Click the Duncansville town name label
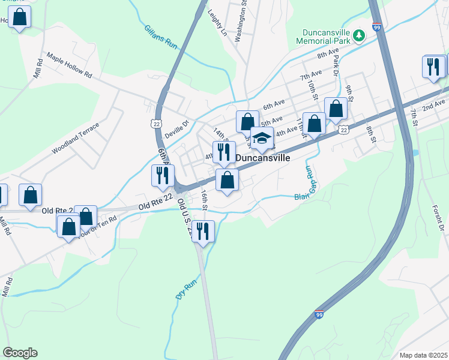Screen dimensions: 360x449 (263, 158)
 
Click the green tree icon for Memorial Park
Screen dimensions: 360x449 (358, 35)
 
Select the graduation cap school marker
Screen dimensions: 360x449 (261, 139)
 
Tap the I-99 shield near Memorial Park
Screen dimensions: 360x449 (376, 27)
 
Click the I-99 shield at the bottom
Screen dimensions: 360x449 (319, 314)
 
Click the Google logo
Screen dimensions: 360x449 (20, 353)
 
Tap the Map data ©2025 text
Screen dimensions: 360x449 (423, 355)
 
